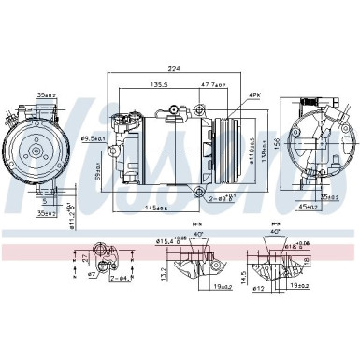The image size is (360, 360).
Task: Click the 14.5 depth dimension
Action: point(244,277)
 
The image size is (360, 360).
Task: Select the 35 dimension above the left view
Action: point(44,94)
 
